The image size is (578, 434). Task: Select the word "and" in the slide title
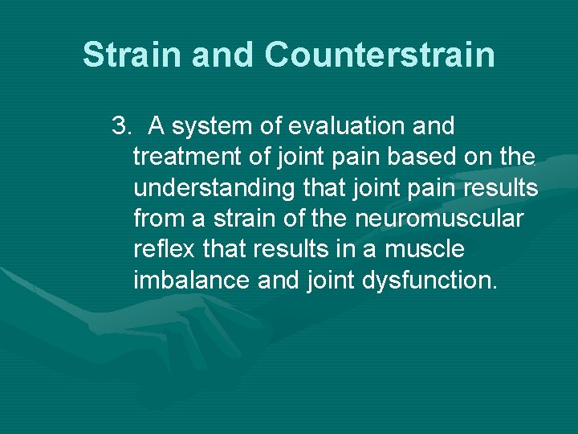[x=224, y=55]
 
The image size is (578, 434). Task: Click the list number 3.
[x=120, y=126]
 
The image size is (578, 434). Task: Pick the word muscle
[x=424, y=250]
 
